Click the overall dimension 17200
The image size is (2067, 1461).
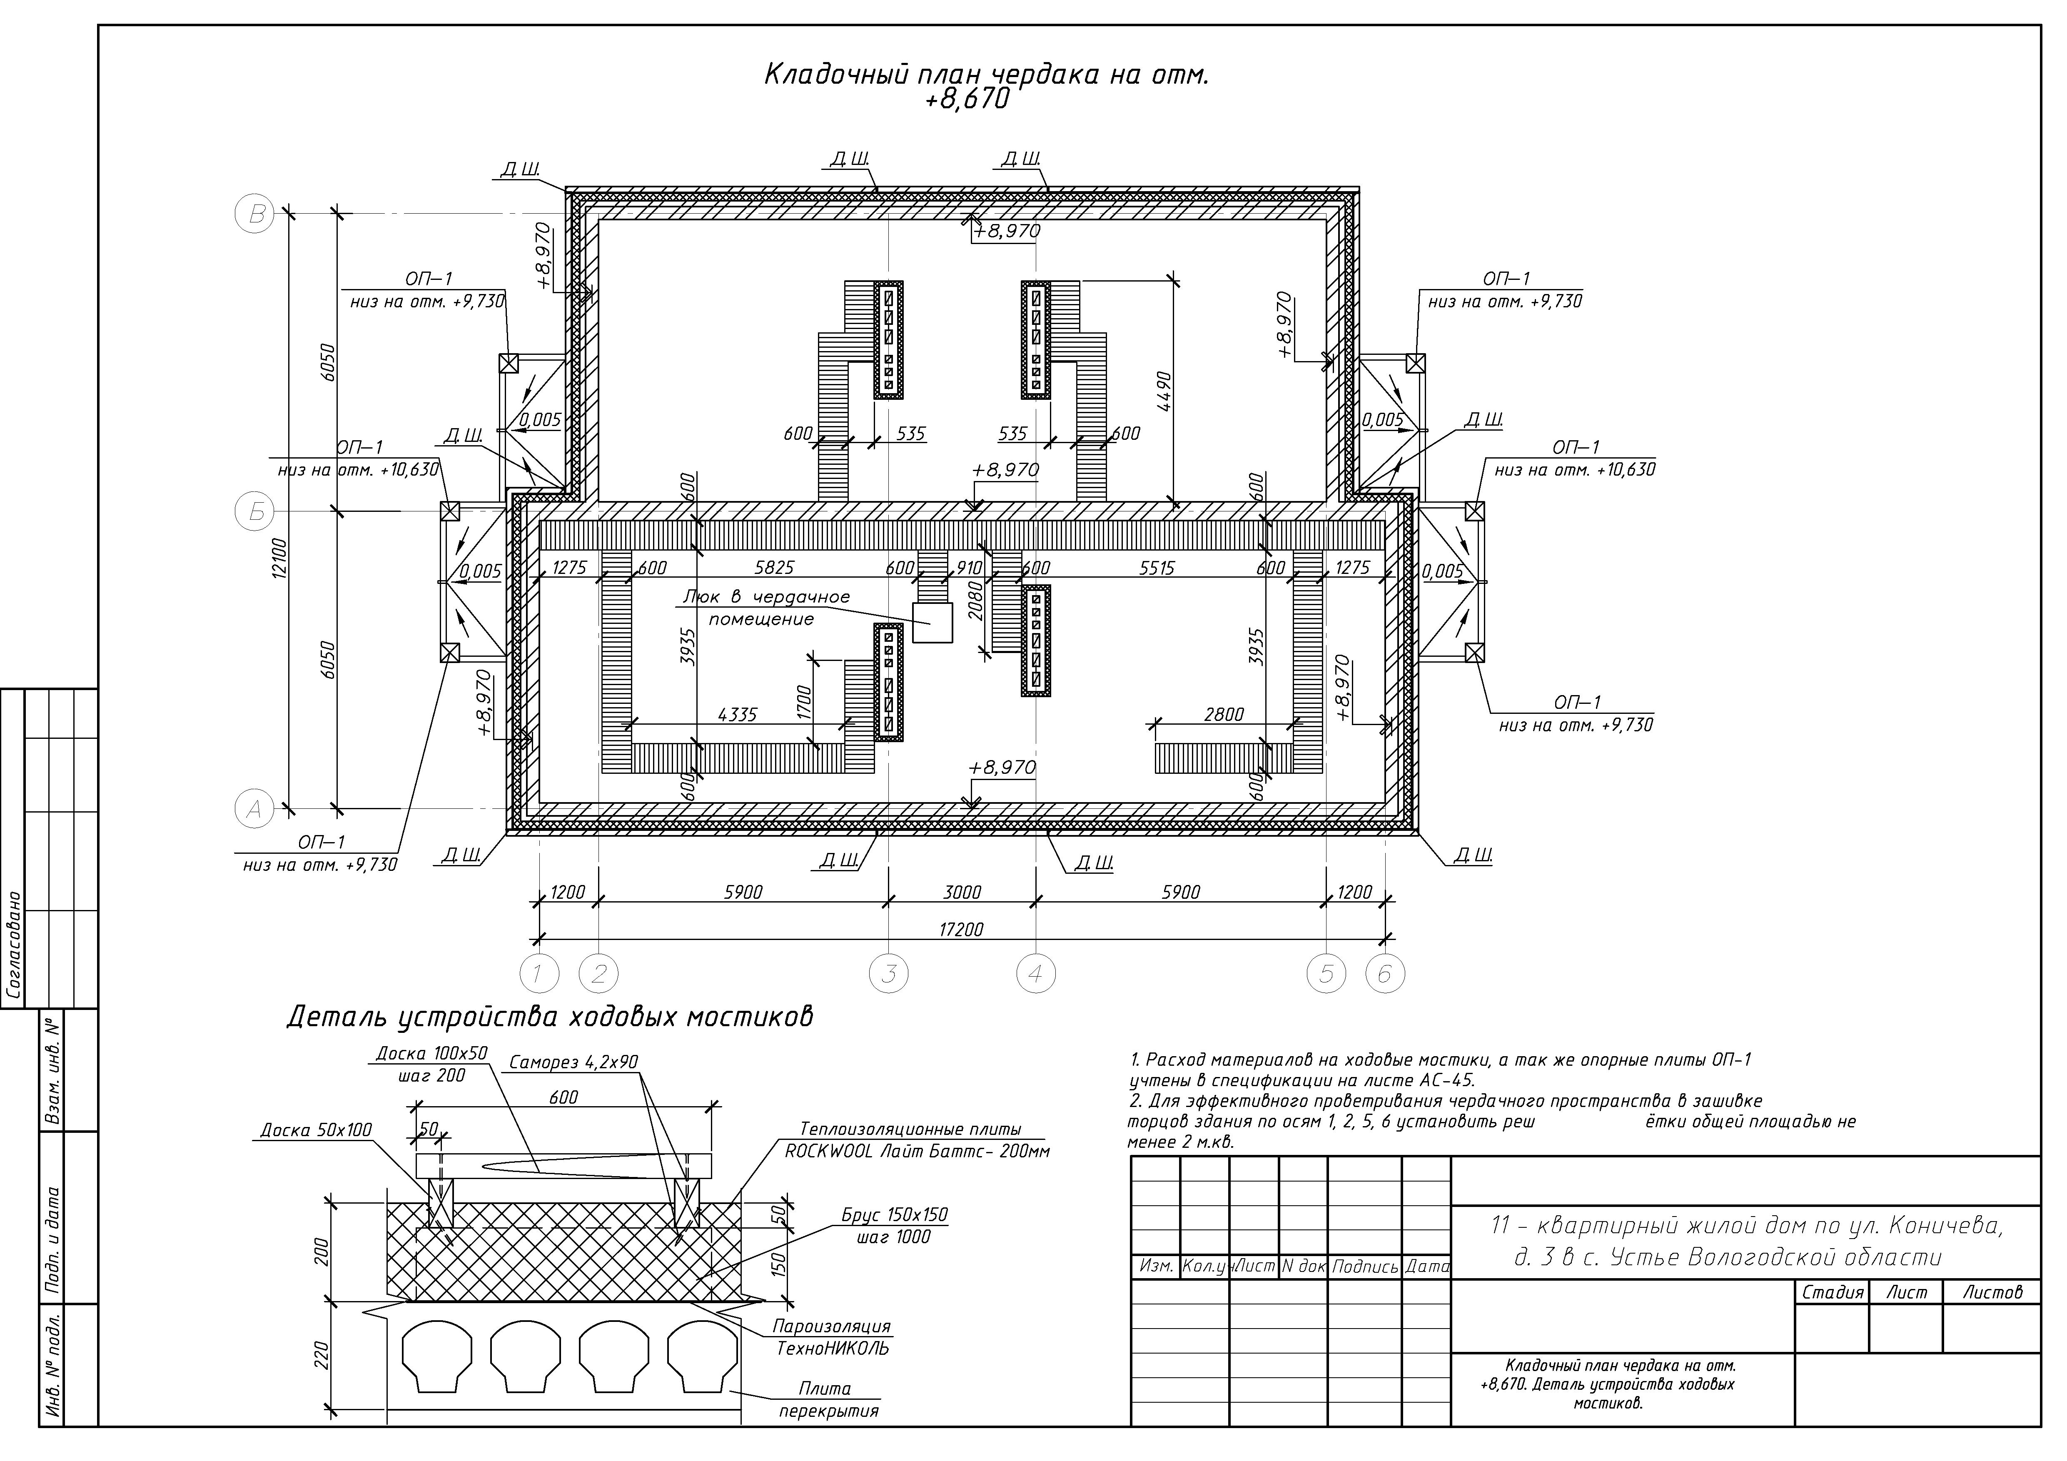coord(962,929)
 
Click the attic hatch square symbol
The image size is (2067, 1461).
coord(933,623)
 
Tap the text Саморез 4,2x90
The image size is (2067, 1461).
coord(573,1062)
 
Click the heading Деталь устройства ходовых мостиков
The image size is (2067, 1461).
coord(550,1016)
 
